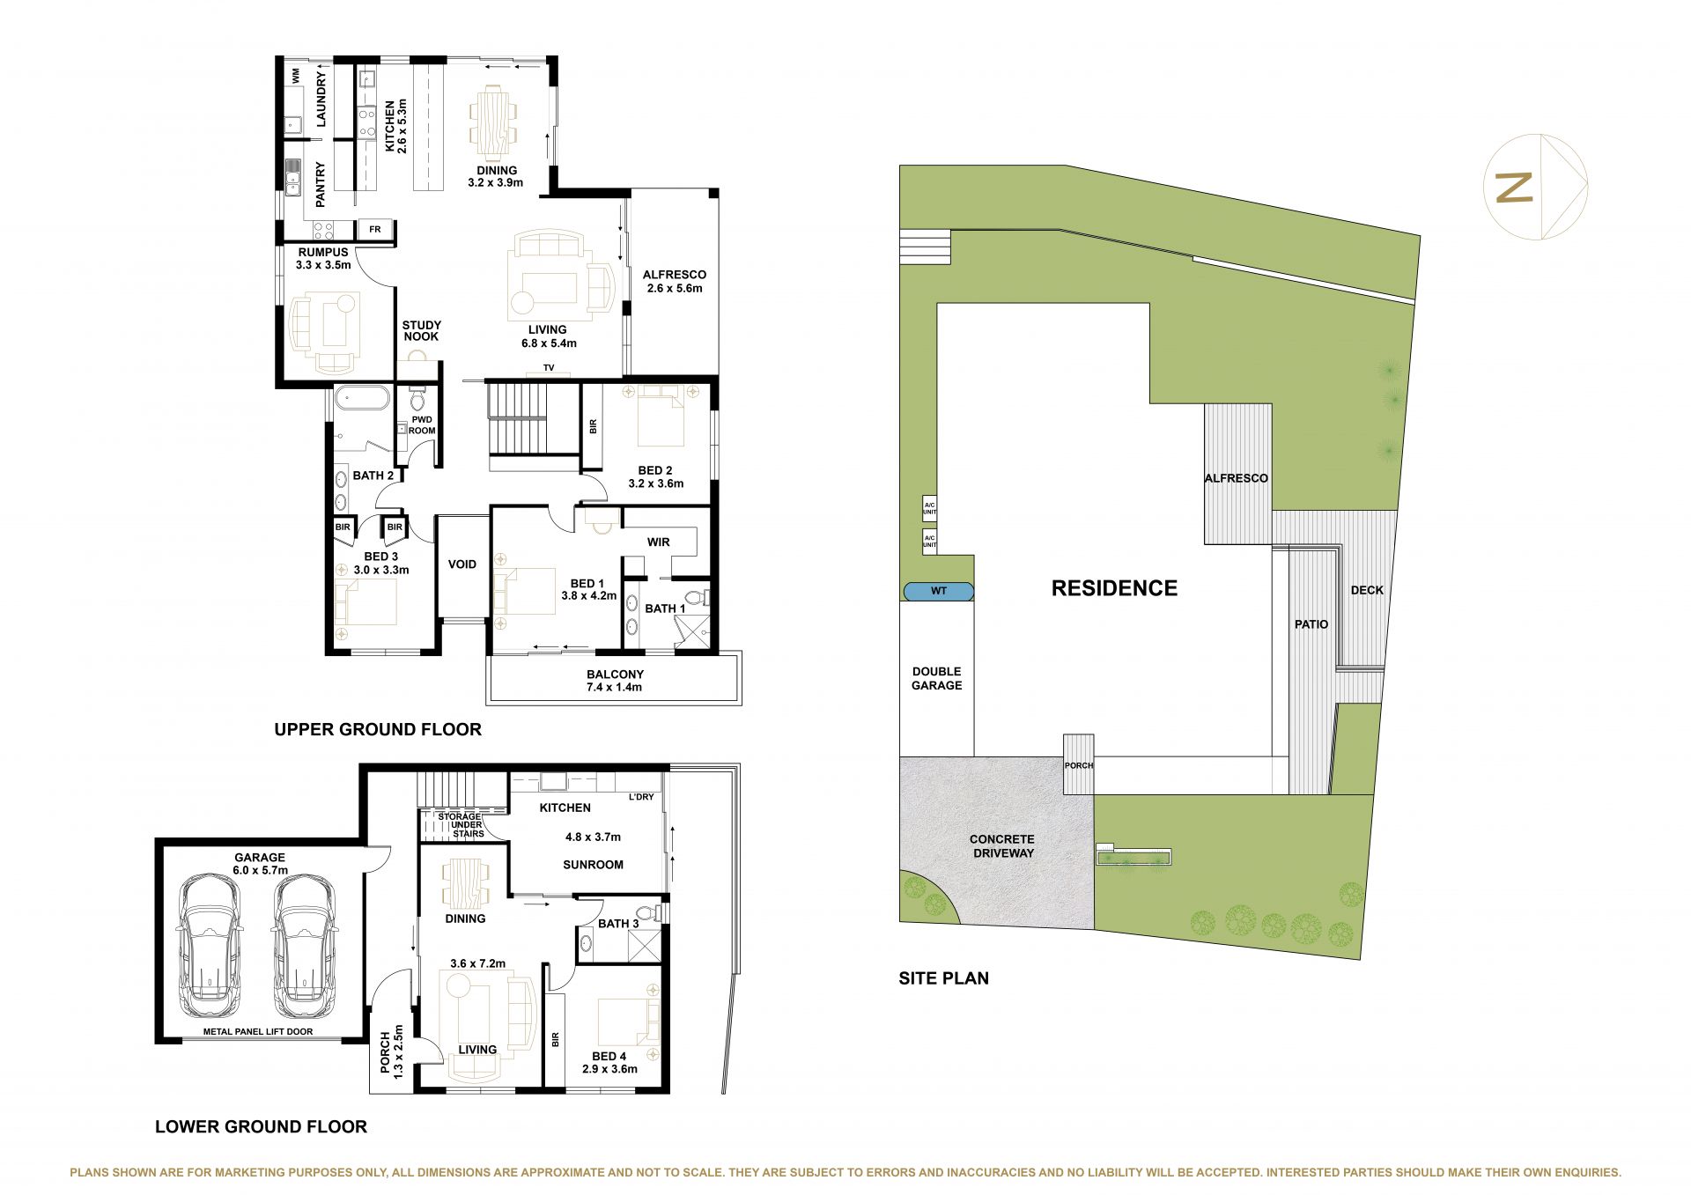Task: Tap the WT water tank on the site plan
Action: click(939, 591)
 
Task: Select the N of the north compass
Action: click(1514, 188)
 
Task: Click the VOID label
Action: click(462, 564)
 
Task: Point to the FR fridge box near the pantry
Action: click(375, 230)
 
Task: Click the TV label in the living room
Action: click(549, 367)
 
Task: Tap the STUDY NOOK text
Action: click(421, 331)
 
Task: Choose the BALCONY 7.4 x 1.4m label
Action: click(615, 681)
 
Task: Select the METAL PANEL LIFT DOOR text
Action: click(258, 1031)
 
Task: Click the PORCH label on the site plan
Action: click(1079, 765)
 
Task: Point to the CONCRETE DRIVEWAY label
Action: click(1002, 846)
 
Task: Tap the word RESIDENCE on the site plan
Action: click(1114, 588)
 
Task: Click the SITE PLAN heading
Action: click(943, 978)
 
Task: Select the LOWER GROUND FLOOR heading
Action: click(261, 1126)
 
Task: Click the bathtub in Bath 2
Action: click(361, 398)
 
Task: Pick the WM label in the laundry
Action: click(296, 75)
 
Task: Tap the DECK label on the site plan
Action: click(1367, 590)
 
